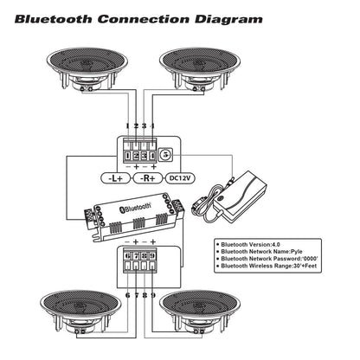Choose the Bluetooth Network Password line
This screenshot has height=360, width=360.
pyautogui.click(x=269, y=264)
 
